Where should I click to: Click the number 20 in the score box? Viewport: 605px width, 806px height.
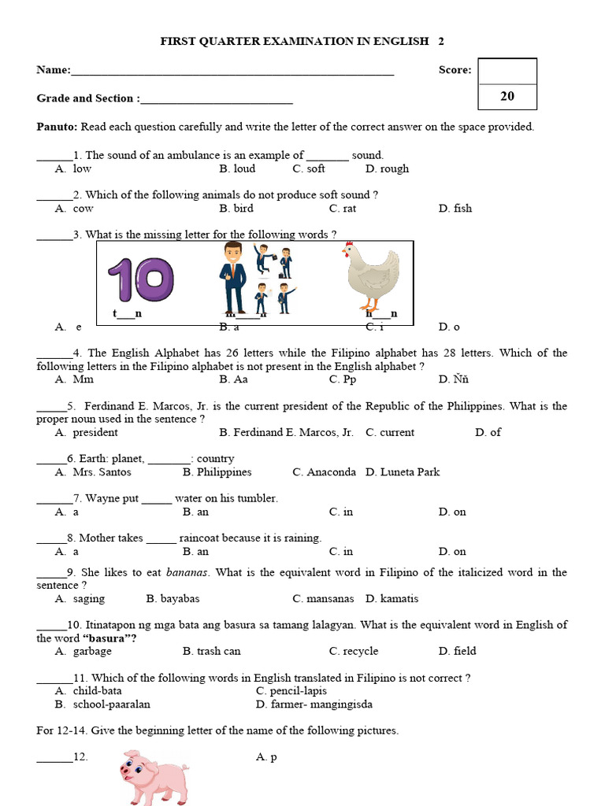point(507,96)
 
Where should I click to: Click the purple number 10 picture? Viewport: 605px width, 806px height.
point(141,279)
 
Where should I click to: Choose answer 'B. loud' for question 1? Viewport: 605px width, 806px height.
point(237,168)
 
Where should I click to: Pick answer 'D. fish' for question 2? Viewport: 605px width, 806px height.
point(455,208)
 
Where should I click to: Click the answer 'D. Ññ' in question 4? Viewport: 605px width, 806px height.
point(454,379)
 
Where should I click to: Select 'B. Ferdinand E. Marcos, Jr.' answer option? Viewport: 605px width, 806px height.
point(286,432)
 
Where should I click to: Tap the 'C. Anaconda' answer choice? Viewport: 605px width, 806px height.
point(324,472)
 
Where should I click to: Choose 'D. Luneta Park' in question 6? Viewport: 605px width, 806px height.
point(403,472)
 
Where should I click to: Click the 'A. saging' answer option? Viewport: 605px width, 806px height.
point(80,598)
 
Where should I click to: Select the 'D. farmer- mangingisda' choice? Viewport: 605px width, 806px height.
point(314,704)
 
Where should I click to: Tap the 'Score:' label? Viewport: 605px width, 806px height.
point(455,70)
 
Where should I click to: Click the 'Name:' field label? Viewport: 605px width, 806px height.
point(54,70)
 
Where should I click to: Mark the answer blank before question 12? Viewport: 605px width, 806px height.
point(54,757)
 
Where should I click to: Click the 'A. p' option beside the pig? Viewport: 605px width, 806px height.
point(266,757)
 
